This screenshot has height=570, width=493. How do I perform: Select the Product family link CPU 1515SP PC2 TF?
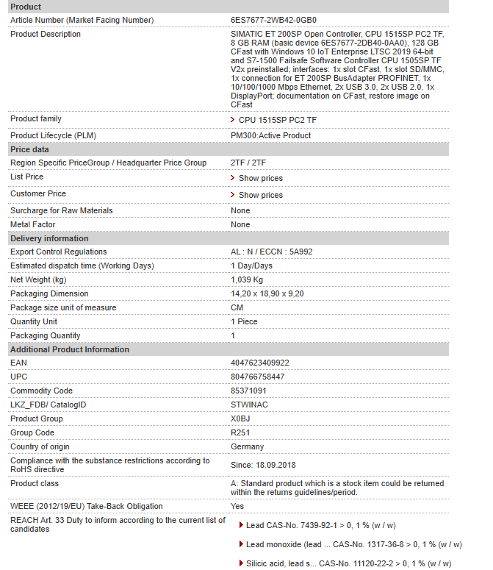273,120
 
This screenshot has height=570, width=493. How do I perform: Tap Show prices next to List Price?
260,178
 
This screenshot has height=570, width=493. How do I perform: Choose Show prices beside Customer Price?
260,195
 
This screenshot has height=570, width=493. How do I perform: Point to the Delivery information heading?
48,238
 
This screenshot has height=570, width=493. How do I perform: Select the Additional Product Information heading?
69,349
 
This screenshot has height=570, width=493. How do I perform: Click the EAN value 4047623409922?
259,363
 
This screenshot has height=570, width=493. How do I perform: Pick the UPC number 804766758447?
257,377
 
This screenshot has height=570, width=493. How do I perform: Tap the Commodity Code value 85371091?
248,391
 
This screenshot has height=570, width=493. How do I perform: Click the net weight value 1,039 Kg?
247,279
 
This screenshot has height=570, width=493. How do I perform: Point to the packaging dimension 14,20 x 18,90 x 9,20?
267,293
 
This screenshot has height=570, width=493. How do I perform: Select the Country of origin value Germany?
247,446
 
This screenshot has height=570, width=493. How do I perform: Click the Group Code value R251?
240,432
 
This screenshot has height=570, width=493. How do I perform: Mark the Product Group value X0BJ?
240,418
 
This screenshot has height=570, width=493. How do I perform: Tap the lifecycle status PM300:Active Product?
270,135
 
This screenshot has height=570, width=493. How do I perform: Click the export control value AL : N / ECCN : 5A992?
271,252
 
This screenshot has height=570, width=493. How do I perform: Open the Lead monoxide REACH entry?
353,544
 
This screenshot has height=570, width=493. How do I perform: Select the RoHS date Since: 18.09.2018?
264,465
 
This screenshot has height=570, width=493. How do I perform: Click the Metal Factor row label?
32,224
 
